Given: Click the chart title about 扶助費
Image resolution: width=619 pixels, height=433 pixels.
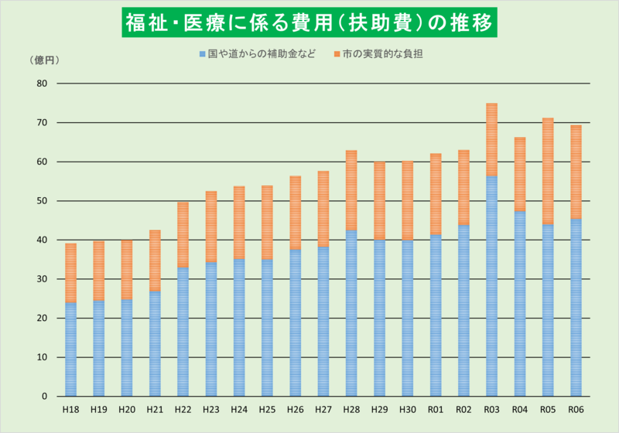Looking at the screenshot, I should point(309,22).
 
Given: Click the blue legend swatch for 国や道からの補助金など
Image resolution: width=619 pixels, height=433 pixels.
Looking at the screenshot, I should point(203,55).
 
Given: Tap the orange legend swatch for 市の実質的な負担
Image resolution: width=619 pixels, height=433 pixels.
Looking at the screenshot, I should point(337,55).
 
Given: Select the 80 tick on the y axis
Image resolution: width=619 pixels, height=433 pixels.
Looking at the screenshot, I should point(42,84).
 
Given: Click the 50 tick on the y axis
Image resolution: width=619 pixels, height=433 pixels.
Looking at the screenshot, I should point(42,201).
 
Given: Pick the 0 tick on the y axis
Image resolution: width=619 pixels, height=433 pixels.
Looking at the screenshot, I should point(45,397).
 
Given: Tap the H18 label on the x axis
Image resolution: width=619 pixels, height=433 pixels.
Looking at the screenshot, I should point(70,409).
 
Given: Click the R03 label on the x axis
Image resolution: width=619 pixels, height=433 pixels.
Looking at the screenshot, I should point(491,409).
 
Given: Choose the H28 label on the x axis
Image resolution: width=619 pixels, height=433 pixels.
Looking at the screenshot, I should point(351,409).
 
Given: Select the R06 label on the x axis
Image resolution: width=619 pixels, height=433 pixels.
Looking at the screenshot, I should point(576,409).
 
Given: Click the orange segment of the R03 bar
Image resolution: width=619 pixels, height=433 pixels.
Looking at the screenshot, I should point(491,140).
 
